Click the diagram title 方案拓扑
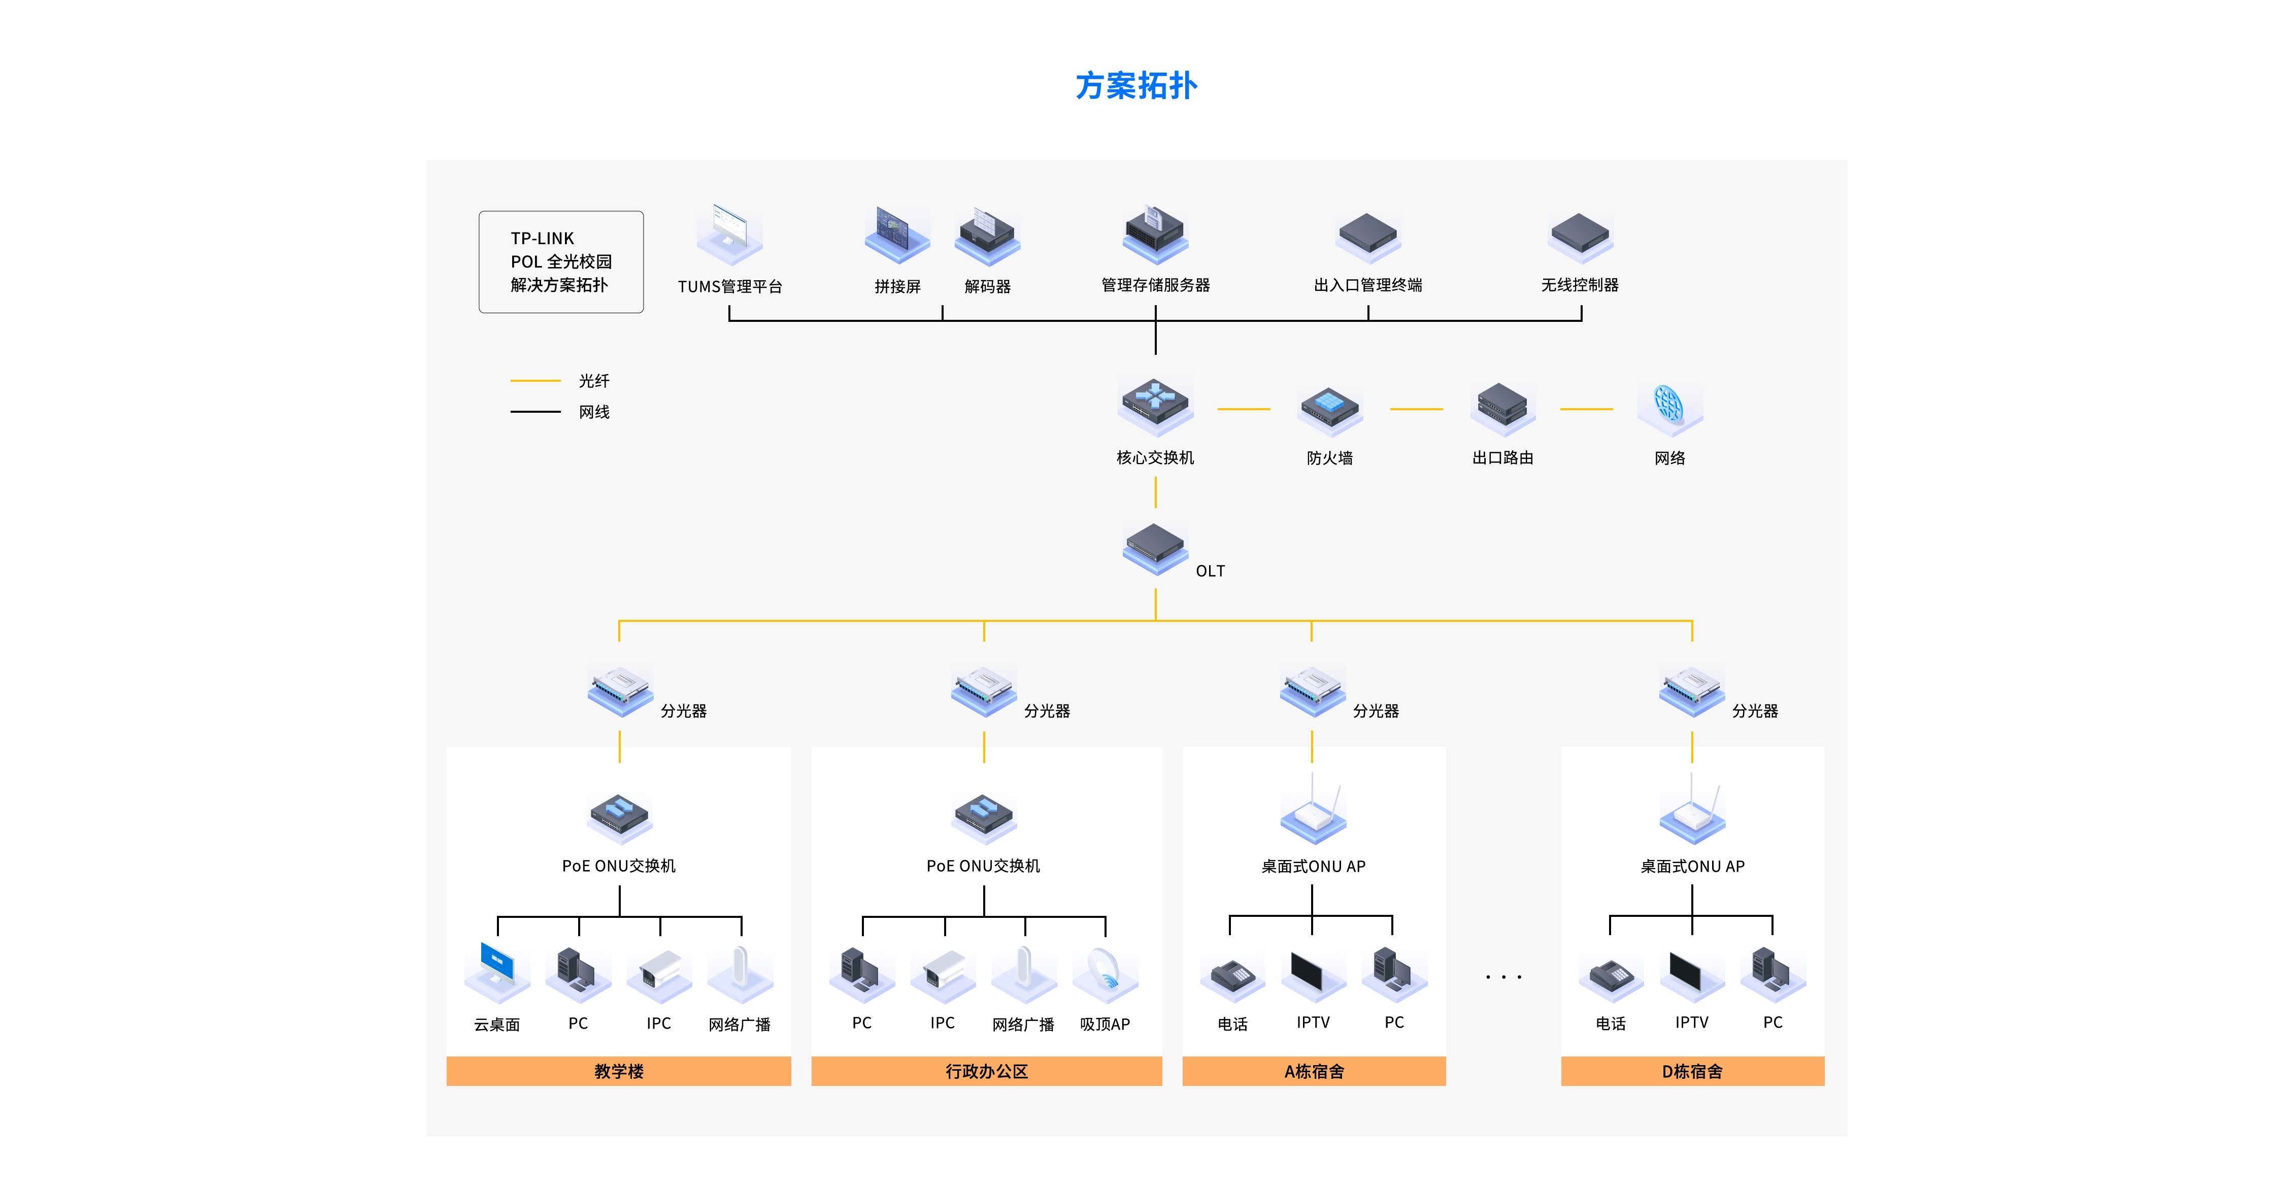tap(1136, 86)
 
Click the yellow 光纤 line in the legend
tap(535, 380)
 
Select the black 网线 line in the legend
tap(535, 411)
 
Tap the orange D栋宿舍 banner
tap(1691, 1071)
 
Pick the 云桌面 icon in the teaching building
tap(497, 971)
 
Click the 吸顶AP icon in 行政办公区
tap(1105, 974)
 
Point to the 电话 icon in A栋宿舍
tap(1232, 975)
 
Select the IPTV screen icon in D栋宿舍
tap(1691, 974)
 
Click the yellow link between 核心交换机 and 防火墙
tap(1243, 409)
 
